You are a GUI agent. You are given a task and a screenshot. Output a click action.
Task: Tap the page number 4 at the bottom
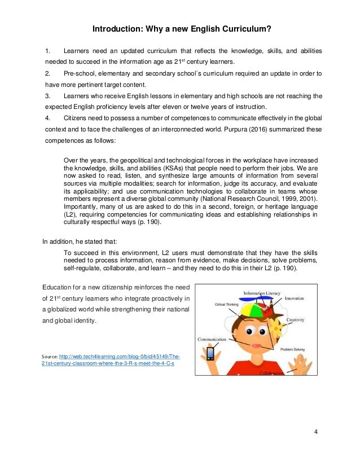point(315,432)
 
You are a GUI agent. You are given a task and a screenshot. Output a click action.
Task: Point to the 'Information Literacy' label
point(261,293)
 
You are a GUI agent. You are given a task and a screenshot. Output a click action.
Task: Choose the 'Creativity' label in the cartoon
point(295,320)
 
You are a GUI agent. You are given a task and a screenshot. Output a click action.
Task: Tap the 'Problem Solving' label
point(292,350)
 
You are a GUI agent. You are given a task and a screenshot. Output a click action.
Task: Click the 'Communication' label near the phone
point(212,339)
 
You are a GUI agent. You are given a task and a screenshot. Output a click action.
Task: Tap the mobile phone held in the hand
point(210,354)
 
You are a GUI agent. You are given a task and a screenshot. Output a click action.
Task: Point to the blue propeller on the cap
point(256,299)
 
